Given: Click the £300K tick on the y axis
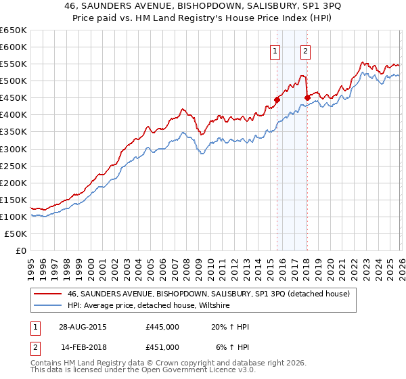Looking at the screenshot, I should tap(13, 149).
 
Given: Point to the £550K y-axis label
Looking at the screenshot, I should tap(13, 64).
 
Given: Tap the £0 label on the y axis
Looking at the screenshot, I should tap(20, 250).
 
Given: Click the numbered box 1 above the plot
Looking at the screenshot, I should tap(275, 50).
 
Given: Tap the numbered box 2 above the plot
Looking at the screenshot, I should tap(305, 50).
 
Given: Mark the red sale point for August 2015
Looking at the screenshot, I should tap(277, 99).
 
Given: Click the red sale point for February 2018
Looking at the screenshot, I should tap(307, 97).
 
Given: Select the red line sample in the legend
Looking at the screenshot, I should tap(47, 294).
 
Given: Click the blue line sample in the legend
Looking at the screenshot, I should tap(47, 306).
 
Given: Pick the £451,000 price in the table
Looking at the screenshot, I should tap(162, 347).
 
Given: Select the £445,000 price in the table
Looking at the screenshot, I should tap(162, 327).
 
